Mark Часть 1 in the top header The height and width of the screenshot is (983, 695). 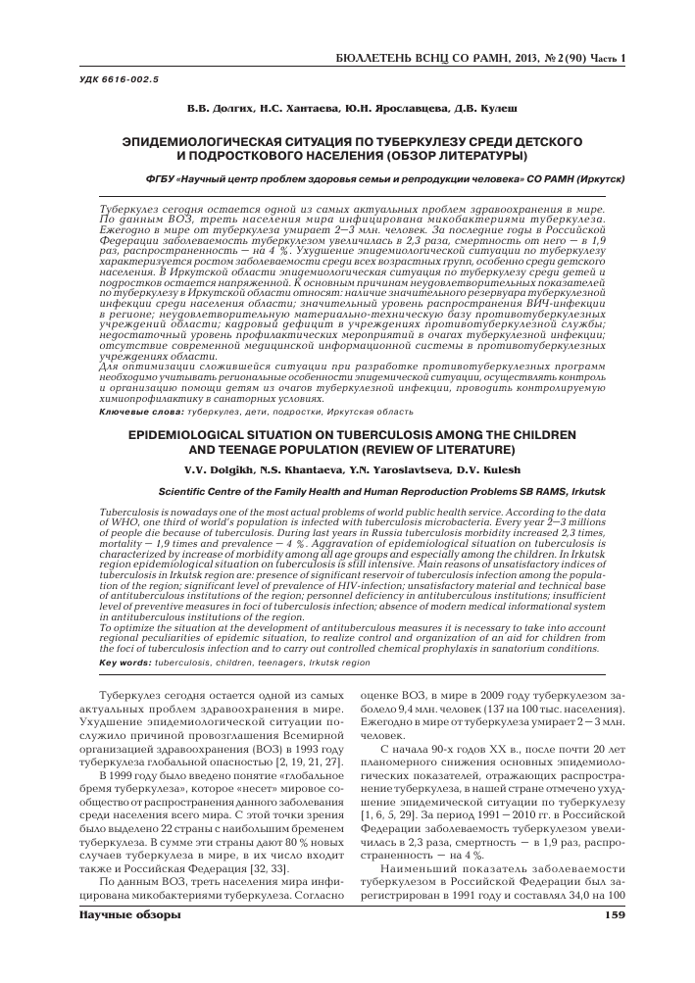click(x=606, y=58)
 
